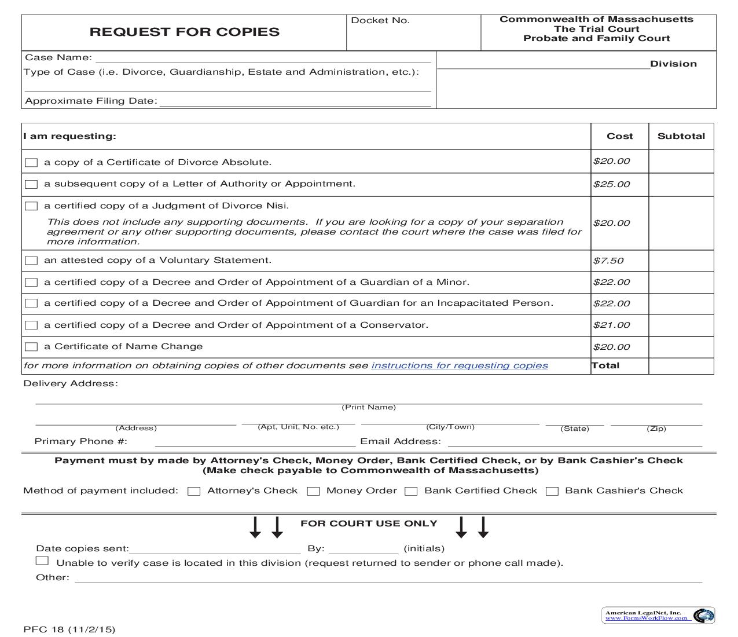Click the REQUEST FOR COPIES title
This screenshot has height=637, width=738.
click(x=184, y=32)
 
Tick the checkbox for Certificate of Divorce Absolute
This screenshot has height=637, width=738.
click(x=31, y=163)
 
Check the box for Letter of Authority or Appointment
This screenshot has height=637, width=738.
click(x=31, y=184)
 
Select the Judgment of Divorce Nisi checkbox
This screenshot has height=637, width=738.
click(x=31, y=206)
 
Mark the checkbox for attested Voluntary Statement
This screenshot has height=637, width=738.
click(x=31, y=261)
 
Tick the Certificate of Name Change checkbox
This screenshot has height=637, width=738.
click(x=31, y=347)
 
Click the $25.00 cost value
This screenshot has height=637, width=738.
click(x=611, y=184)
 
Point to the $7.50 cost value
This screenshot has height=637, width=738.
click(x=608, y=261)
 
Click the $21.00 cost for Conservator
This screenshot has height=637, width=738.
click(x=611, y=325)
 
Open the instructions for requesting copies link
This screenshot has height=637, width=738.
click(x=460, y=365)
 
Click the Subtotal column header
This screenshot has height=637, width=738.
click(x=681, y=136)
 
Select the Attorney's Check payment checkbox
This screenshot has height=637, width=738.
click(x=194, y=491)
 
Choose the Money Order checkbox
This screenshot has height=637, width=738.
click(x=313, y=491)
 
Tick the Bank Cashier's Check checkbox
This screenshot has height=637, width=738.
click(x=552, y=491)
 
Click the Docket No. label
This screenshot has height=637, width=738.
click(x=380, y=20)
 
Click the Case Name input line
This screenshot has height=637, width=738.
click(x=263, y=58)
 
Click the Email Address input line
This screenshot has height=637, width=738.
click(x=574, y=442)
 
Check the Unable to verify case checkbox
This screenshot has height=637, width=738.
click(x=42, y=561)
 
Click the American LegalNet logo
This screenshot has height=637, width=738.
click(x=658, y=615)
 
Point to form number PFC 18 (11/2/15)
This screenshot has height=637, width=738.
click(x=69, y=629)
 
